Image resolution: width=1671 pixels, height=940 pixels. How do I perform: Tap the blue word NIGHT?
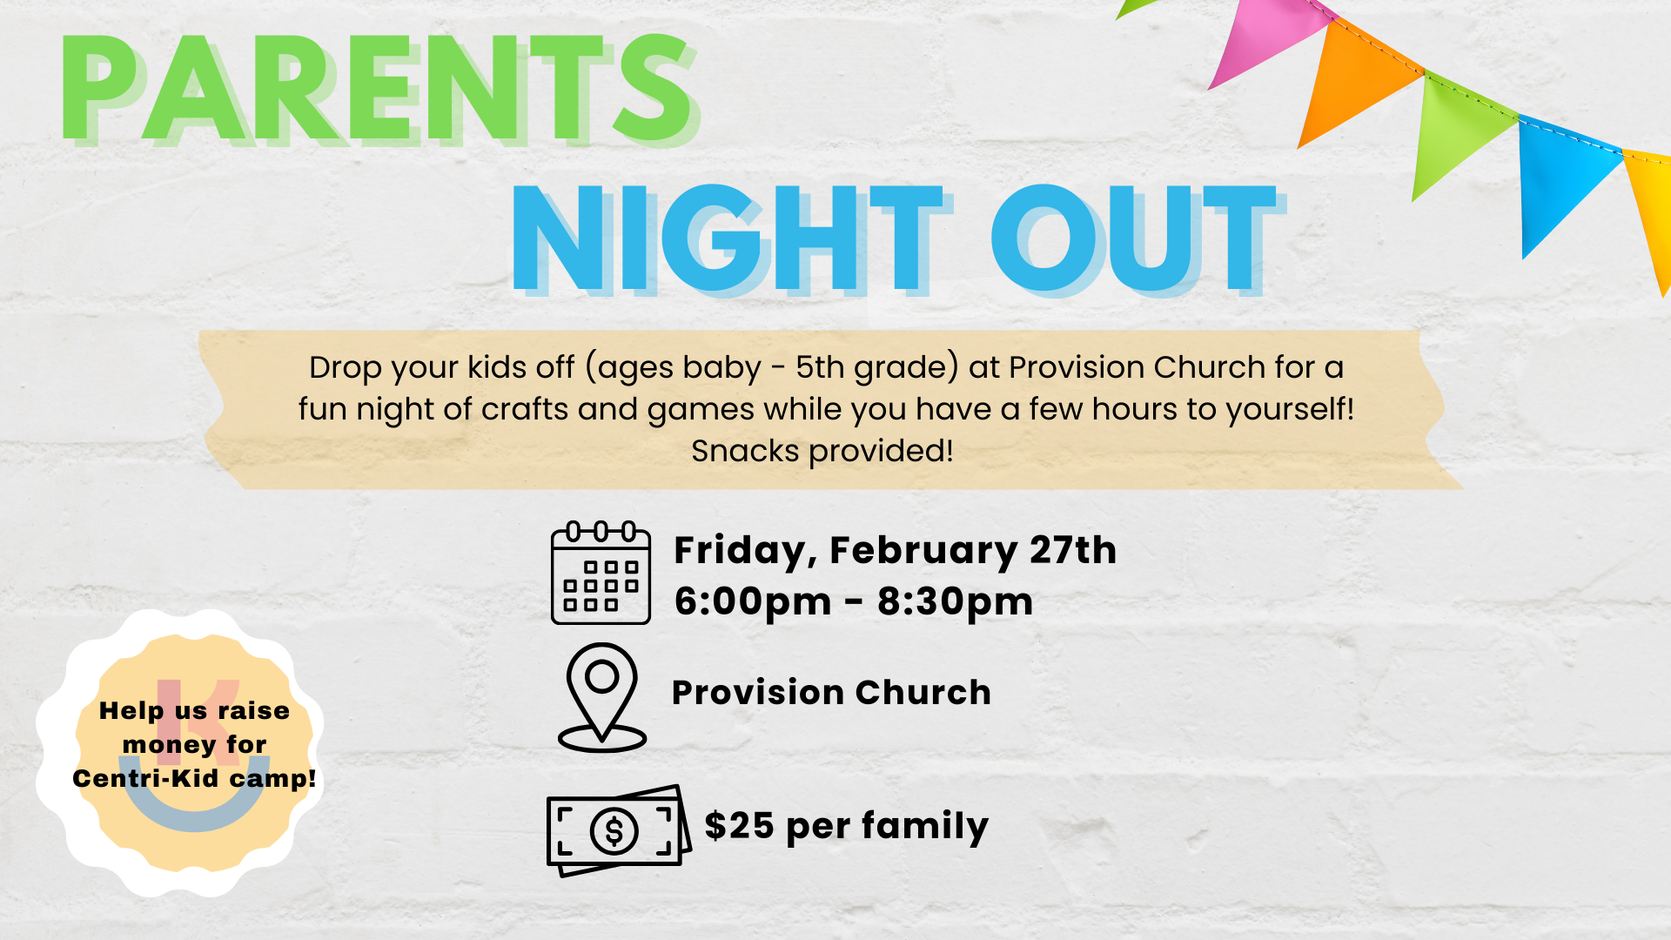point(727,238)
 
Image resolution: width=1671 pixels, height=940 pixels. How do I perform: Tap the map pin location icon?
point(601,696)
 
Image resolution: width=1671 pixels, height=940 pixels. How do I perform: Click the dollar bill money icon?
point(617,830)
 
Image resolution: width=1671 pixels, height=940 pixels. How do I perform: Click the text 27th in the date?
point(1073,550)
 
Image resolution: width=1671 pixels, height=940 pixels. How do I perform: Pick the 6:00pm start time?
point(753,601)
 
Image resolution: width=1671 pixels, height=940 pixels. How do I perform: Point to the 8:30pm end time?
point(955,601)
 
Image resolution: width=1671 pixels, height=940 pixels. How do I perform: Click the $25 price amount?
point(739,825)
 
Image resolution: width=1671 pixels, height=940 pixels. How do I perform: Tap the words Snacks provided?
point(822,451)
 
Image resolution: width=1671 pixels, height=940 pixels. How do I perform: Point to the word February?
point(923,551)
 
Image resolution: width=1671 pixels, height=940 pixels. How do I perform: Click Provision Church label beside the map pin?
point(831,693)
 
